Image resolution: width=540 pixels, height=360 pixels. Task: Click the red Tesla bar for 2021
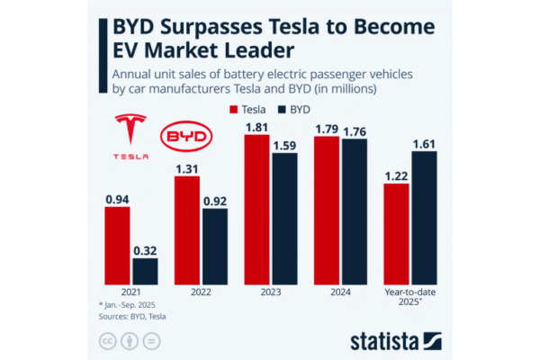tap(117, 246)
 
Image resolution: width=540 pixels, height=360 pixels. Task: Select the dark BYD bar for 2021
tap(145, 271)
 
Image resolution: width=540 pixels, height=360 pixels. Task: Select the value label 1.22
tap(396, 175)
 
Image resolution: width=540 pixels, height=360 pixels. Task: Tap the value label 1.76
tap(354, 130)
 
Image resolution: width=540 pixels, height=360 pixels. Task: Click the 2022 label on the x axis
tap(201, 292)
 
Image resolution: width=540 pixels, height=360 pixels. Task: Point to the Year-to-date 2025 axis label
tap(409, 296)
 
